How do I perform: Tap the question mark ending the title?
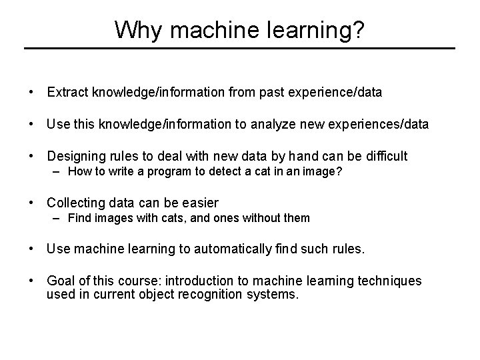pyautogui.click(x=358, y=29)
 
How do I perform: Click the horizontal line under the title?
pyautogui.click(x=239, y=49)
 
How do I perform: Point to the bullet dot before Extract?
pyautogui.click(x=31, y=93)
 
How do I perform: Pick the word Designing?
pyautogui.click(x=75, y=157)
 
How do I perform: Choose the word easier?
pyautogui.click(x=199, y=203)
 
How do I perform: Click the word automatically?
pyautogui.click(x=230, y=249)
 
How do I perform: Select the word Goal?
pyautogui.click(x=60, y=281)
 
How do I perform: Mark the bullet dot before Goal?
pyautogui.click(x=31, y=281)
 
